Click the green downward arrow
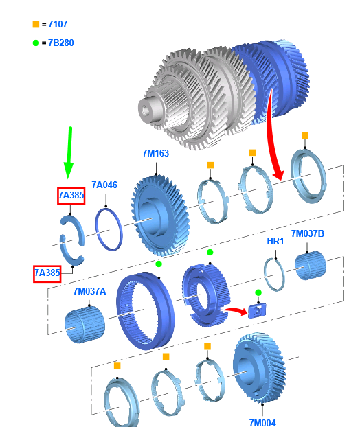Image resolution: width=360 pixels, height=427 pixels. (69, 152)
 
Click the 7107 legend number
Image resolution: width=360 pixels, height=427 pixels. (58, 24)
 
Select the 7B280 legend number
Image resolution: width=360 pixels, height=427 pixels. (60, 43)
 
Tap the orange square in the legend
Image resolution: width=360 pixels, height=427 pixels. (36, 25)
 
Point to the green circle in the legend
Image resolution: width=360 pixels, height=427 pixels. (36, 43)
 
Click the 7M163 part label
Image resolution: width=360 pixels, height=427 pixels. (155, 153)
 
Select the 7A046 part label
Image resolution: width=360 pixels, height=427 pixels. (104, 185)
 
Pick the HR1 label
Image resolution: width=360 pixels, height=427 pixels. (275, 241)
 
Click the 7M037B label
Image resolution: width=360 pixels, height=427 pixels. (307, 233)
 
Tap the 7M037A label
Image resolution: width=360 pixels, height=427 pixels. (89, 291)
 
